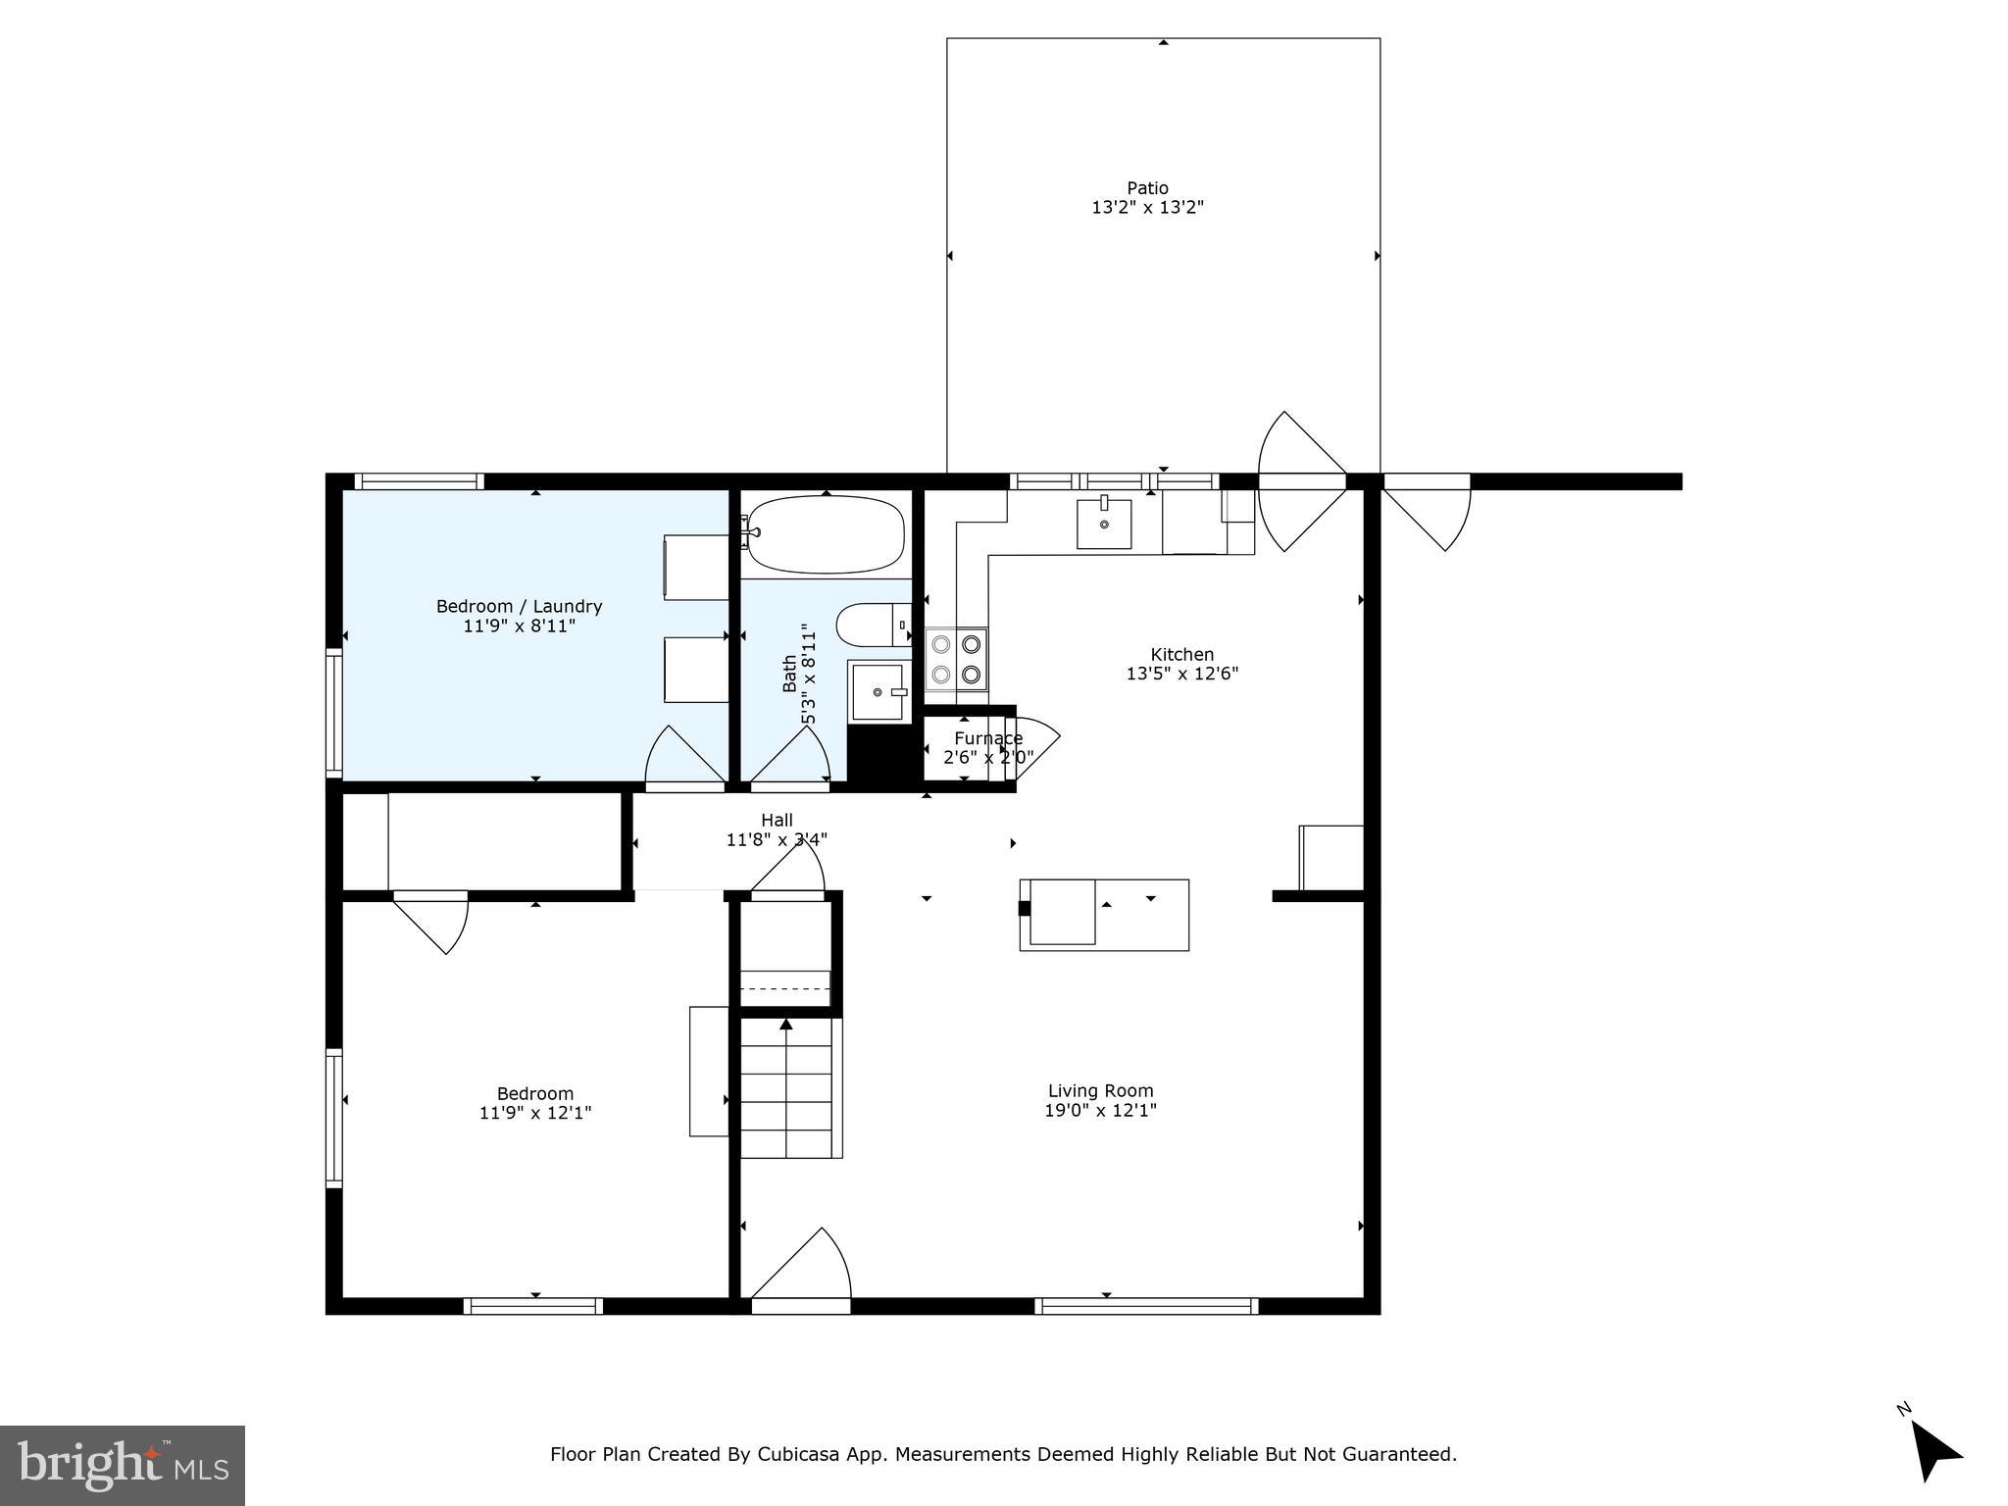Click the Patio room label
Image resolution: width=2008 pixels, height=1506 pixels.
click(x=1147, y=188)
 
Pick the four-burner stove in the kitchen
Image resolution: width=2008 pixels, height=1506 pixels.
click(x=956, y=659)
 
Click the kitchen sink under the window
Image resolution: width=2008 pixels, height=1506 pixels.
click(x=1104, y=524)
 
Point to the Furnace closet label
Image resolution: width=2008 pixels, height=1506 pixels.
click(x=988, y=738)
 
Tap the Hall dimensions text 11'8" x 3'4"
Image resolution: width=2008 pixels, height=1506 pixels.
click(x=777, y=840)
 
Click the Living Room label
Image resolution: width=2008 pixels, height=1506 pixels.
click(x=1100, y=1090)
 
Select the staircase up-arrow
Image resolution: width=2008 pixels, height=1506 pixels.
click(x=786, y=1026)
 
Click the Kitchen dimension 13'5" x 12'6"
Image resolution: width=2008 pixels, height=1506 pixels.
click(x=1182, y=674)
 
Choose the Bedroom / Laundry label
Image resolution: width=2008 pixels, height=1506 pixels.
click(x=519, y=607)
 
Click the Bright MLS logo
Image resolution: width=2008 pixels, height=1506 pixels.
click(x=122, y=1465)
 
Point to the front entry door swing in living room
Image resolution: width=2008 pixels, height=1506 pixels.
click(x=804, y=1271)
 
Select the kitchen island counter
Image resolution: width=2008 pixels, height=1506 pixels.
click(x=1104, y=915)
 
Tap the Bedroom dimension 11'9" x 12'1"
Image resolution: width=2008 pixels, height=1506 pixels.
click(x=535, y=1113)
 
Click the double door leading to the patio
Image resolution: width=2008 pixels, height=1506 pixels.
click(x=1302, y=481)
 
